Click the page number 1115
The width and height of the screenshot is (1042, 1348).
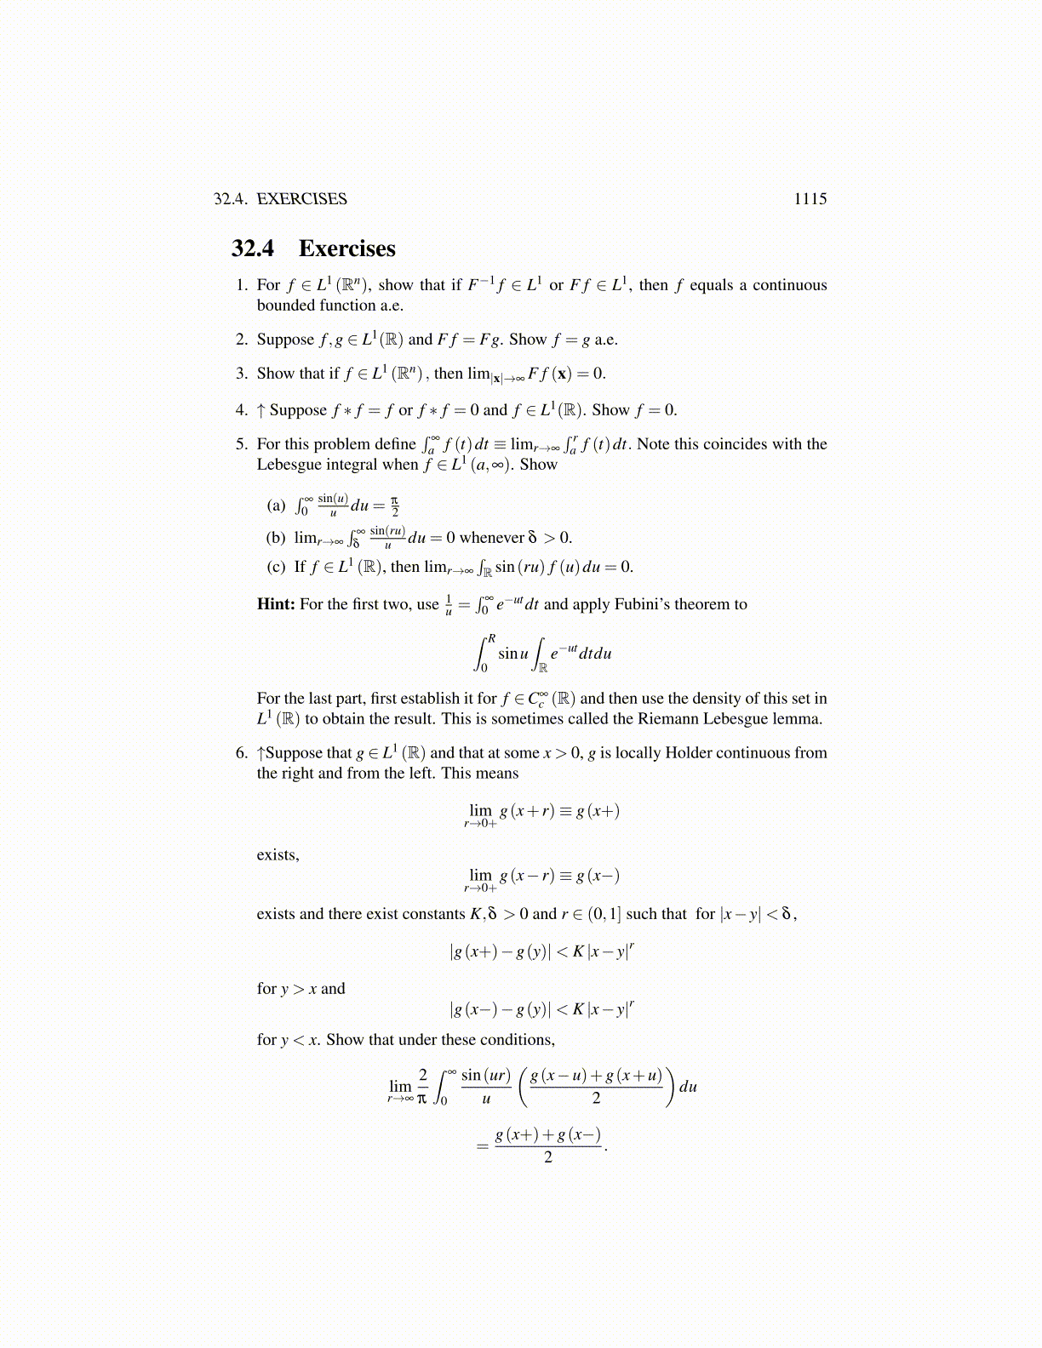(810, 199)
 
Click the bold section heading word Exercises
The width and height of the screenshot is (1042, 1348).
(346, 248)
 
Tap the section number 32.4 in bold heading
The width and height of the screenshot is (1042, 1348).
(253, 248)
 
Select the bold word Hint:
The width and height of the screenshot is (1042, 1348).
(276, 604)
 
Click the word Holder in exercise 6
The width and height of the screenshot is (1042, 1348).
(688, 753)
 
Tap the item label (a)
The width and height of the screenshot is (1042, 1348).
(276, 505)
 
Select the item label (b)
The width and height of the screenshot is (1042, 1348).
(276, 538)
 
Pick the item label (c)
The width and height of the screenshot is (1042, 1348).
(276, 567)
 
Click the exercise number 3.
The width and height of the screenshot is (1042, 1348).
(242, 374)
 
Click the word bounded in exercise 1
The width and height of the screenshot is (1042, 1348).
(285, 306)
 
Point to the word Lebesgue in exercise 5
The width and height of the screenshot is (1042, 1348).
(288, 465)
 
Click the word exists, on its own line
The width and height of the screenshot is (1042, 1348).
(278, 855)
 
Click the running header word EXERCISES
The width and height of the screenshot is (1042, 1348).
(301, 199)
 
